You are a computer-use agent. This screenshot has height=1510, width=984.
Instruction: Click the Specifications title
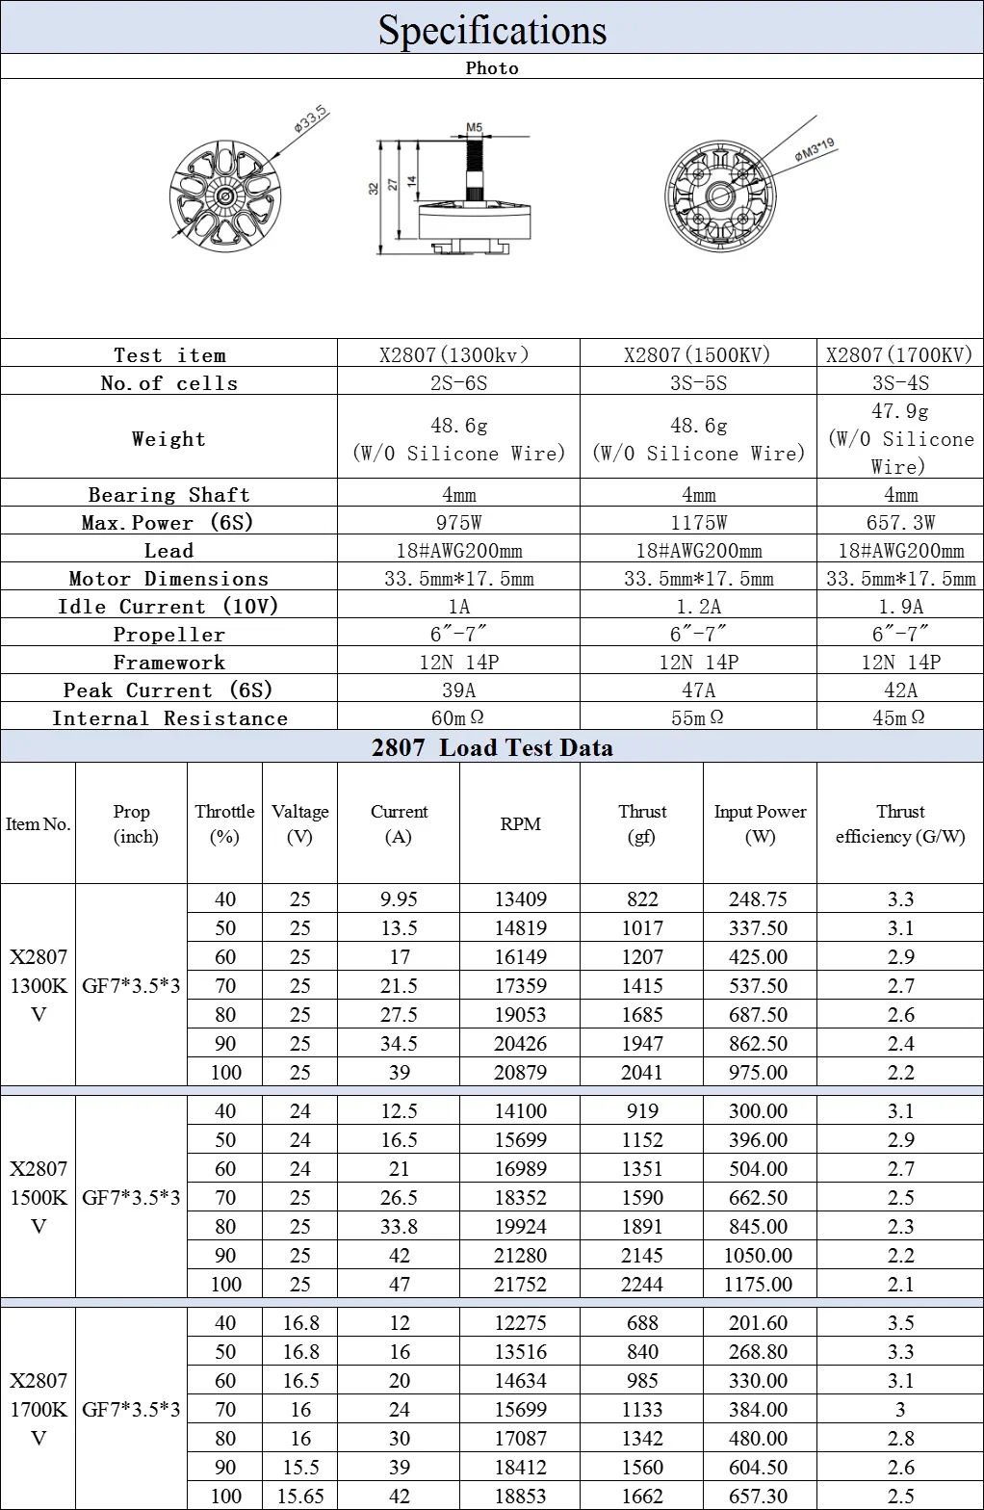492,29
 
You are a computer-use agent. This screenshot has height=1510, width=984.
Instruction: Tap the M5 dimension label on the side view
474,127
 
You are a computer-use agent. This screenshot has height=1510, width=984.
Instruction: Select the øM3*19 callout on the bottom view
815,150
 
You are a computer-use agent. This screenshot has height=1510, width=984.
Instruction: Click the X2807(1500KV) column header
697,354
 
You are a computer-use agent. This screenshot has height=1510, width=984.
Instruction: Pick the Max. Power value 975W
458,522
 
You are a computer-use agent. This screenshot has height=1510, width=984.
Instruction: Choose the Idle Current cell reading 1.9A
899,606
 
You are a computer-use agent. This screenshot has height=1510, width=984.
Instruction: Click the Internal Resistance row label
169,717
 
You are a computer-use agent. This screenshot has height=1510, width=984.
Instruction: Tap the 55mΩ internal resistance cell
697,717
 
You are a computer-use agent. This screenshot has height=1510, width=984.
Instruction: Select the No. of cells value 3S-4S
899,382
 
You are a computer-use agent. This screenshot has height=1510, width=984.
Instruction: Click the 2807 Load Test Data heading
492,747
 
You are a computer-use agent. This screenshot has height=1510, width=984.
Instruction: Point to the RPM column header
520,823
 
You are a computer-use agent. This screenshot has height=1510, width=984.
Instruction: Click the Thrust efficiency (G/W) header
899,823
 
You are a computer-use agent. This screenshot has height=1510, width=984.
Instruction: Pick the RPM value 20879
520,1072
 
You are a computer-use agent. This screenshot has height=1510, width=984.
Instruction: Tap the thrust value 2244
642,1284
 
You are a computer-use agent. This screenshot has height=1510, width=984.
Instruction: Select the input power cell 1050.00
759,1255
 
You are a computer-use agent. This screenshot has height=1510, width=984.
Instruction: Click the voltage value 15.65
299,1496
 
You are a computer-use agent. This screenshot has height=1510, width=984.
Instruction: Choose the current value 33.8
399,1226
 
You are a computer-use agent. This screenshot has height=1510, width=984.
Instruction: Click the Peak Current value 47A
697,690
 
